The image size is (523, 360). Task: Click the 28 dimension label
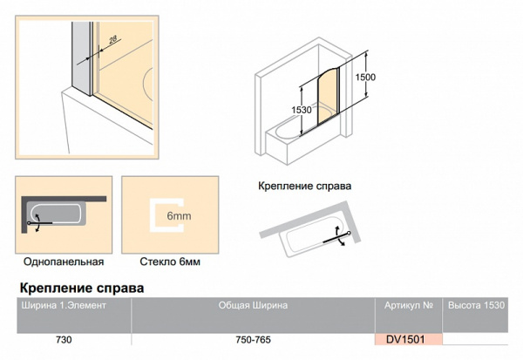[113, 39]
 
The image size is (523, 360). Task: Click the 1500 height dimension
[365, 77]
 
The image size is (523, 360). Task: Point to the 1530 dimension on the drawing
[302, 110]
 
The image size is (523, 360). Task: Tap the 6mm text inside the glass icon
[179, 216]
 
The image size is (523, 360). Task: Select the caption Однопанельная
[64, 262]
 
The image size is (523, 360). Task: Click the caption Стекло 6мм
[170, 262]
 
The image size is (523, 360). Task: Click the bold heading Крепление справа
[82, 288]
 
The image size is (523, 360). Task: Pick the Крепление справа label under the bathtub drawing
[304, 186]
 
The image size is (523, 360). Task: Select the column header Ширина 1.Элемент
[64, 305]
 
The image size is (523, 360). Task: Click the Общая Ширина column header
[253, 305]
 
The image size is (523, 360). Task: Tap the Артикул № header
[409, 305]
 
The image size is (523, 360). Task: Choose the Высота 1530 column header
[476, 305]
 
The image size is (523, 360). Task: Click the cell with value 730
[64, 340]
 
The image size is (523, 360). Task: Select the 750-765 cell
[253, 340]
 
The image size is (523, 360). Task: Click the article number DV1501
[405, 340]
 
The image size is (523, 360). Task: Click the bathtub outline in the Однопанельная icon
[56, 213]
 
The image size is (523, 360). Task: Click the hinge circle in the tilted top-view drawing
[349, 233]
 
